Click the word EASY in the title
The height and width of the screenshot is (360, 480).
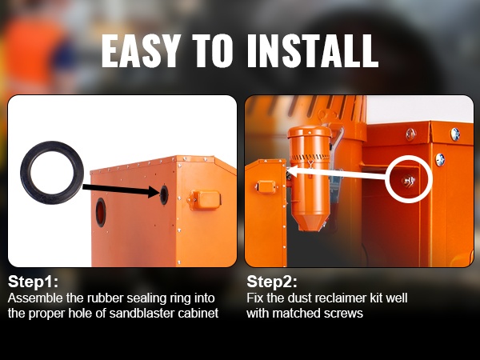[139, 50]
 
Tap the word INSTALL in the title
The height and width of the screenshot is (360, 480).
[313, 50]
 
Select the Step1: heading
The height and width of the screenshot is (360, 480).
[33, 282]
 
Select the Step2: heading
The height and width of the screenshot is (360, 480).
[272, 282]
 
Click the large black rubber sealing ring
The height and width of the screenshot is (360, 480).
[26, 173]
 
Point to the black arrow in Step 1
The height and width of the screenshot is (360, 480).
[121, 189]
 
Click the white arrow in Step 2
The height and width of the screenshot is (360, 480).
[336, 174]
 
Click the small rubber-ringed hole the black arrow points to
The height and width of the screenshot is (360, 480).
[164, 195]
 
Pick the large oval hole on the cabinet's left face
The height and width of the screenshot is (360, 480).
[101, 212]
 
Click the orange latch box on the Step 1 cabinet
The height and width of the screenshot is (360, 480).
[203, 200]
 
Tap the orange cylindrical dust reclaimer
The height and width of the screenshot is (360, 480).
[310, 178]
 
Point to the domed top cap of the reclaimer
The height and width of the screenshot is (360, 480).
[309, 132]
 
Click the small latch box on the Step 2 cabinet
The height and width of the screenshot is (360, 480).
[266, 186]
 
